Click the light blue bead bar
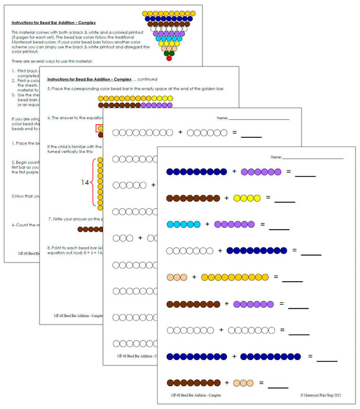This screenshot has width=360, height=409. pyautogui.click(x=183, y=224)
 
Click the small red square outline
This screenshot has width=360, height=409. pyautogui.click(x=100, y=129)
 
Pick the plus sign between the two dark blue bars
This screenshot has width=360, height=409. pyautogui.click(x=233, y=356)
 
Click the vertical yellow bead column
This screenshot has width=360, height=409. pyautogui.click(x=101, y=183)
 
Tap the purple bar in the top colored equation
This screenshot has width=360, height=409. pyautogui.click(x=261, y=171)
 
